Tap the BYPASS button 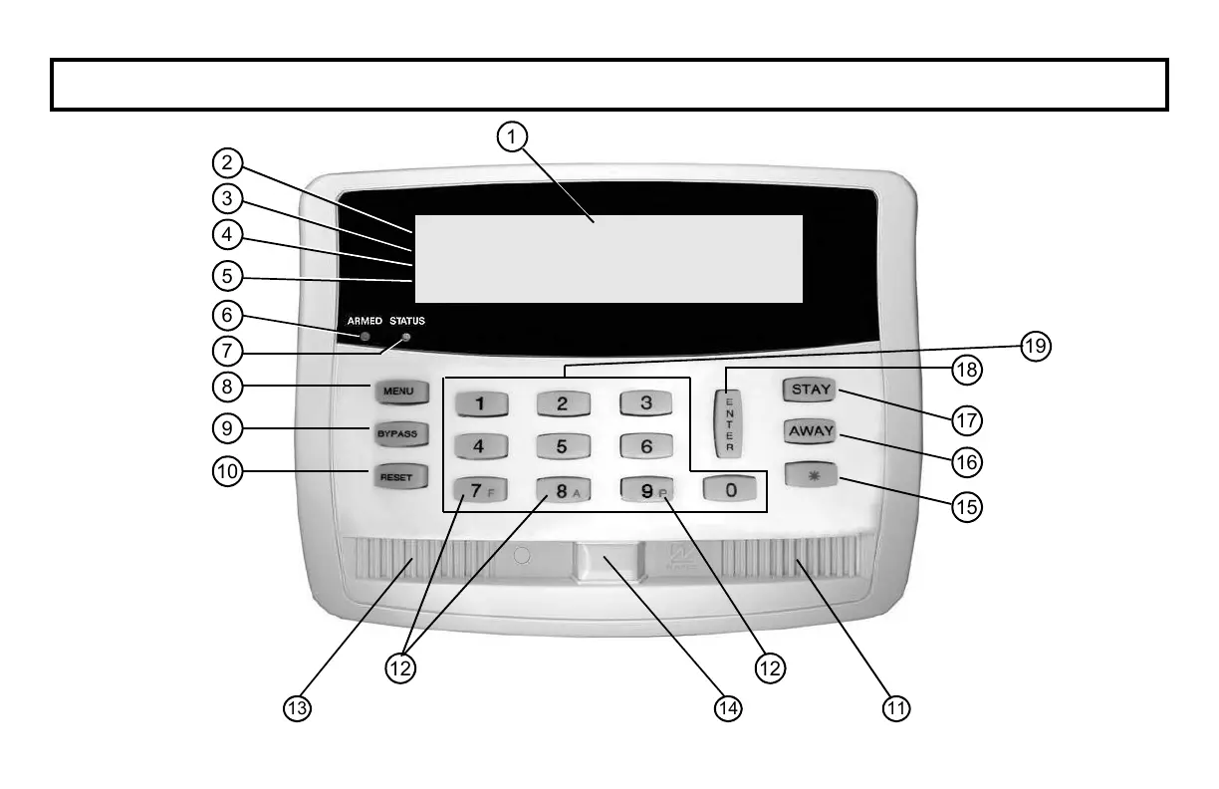pyautogui.click(x=401, y=434)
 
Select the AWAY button pyautogui.click(x=811, y=432)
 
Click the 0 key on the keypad pyautogui.click(x=730, y=490)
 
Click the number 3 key pyautogui.click(x=646, y=403)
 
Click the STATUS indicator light pyautogui.click(x=405, y=338)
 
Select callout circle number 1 pyautogui.click(x=512, y=136)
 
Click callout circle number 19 pyautogui.click(x=1037, y=347)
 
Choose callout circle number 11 pyautogui.click(x=897, y=707)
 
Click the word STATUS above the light pyautogui.click(x=407, y=321)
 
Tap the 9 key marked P pyautogui.click(x=646, y=490)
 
